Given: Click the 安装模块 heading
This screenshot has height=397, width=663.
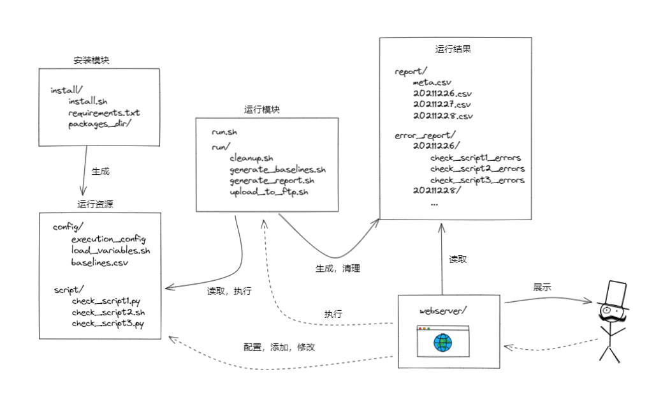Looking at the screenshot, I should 92,61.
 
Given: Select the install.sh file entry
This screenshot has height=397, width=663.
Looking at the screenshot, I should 87,101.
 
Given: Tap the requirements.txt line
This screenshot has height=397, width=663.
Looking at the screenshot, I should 104,113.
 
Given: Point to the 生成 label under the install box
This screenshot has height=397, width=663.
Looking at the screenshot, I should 101,171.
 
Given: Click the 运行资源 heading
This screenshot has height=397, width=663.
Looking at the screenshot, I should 96,204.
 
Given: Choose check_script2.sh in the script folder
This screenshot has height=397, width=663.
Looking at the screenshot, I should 108,312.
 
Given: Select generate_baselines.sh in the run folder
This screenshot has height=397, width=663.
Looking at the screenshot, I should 278,169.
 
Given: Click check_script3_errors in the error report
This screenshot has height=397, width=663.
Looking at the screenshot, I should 477,180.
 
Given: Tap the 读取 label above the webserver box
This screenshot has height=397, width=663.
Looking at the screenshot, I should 458,259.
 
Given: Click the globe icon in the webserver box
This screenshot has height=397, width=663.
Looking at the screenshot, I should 442,343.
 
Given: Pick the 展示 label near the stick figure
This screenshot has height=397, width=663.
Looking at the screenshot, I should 543,287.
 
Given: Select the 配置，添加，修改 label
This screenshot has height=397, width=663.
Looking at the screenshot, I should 279,348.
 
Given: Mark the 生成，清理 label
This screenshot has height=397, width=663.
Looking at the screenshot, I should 338,269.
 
